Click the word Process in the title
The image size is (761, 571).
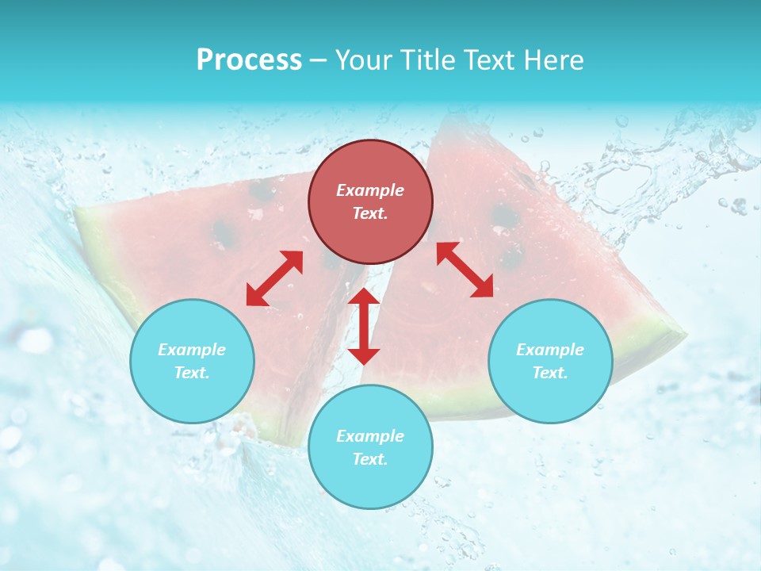[x=249, y=59]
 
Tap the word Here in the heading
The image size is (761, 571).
[x=553, y=59]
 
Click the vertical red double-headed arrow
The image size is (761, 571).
[x=364, y=326]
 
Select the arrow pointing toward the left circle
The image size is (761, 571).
[x=274, y=278]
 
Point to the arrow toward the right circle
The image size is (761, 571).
[x=465, y=270]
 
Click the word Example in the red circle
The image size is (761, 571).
[x=370, y=190]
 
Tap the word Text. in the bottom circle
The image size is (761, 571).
[x=370, y=459]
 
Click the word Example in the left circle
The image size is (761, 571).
[x=192, y=350]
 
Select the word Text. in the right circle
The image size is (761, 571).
[x=550, y=373]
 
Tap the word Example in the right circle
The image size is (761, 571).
[x=550, y=350]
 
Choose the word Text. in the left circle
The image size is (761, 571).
[x=192, y=373]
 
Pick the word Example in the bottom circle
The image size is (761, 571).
[x=370, y=436]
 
